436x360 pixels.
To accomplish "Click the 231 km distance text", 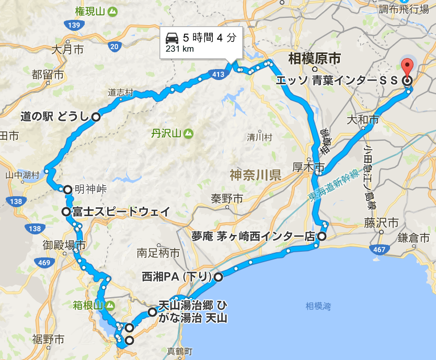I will click(180, 49).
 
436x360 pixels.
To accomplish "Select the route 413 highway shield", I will click(219, 75).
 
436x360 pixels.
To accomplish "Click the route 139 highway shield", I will click(72, 25).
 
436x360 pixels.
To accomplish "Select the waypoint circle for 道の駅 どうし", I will click(96, 117).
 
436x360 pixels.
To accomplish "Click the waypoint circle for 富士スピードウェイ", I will click(65, 212).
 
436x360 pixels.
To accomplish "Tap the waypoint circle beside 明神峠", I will click(67, 189).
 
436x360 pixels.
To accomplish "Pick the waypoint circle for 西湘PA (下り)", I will click(218, 277).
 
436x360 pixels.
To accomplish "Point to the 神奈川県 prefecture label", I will click(255, 175).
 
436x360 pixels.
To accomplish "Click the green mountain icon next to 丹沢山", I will click(188, 133).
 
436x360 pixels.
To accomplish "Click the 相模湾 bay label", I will click(319, 306).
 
